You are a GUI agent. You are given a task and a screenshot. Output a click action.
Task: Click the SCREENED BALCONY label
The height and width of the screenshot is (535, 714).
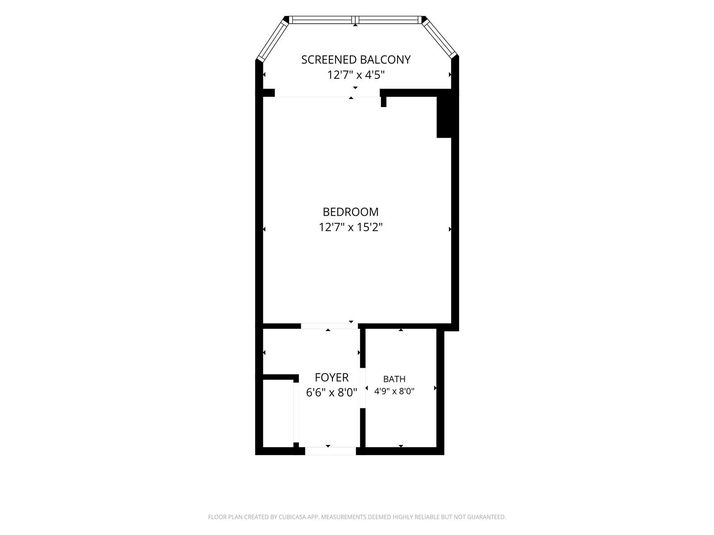[356, 59]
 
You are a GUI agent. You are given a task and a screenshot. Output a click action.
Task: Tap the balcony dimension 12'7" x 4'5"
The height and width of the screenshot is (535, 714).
[356, 75]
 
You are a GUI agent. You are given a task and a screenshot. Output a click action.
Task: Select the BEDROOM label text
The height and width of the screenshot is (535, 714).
[350, 212]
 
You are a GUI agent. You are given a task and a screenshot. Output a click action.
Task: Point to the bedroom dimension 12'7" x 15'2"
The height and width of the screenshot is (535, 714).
[350, 227]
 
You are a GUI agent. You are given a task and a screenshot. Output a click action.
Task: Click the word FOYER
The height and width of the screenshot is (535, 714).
[332, 377]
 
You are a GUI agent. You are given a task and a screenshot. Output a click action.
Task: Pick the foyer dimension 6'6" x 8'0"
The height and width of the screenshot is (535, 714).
[332, 392]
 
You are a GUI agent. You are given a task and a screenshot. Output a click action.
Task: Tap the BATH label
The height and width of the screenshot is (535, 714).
[394, 379]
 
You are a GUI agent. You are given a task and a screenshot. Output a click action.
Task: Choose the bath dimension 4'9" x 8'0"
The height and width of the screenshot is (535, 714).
[394, 391]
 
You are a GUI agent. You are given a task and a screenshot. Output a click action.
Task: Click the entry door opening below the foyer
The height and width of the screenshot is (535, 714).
[331, 451]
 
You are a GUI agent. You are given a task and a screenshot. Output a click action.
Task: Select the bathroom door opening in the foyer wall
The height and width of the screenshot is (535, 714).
[363, 387]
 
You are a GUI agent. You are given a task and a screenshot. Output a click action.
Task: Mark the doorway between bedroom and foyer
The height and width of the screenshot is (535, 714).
[329, 326]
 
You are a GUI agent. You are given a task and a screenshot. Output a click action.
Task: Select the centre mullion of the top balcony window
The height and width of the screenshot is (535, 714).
[355, 20]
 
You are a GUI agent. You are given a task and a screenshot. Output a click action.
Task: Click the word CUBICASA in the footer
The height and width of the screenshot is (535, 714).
[292, 517]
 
